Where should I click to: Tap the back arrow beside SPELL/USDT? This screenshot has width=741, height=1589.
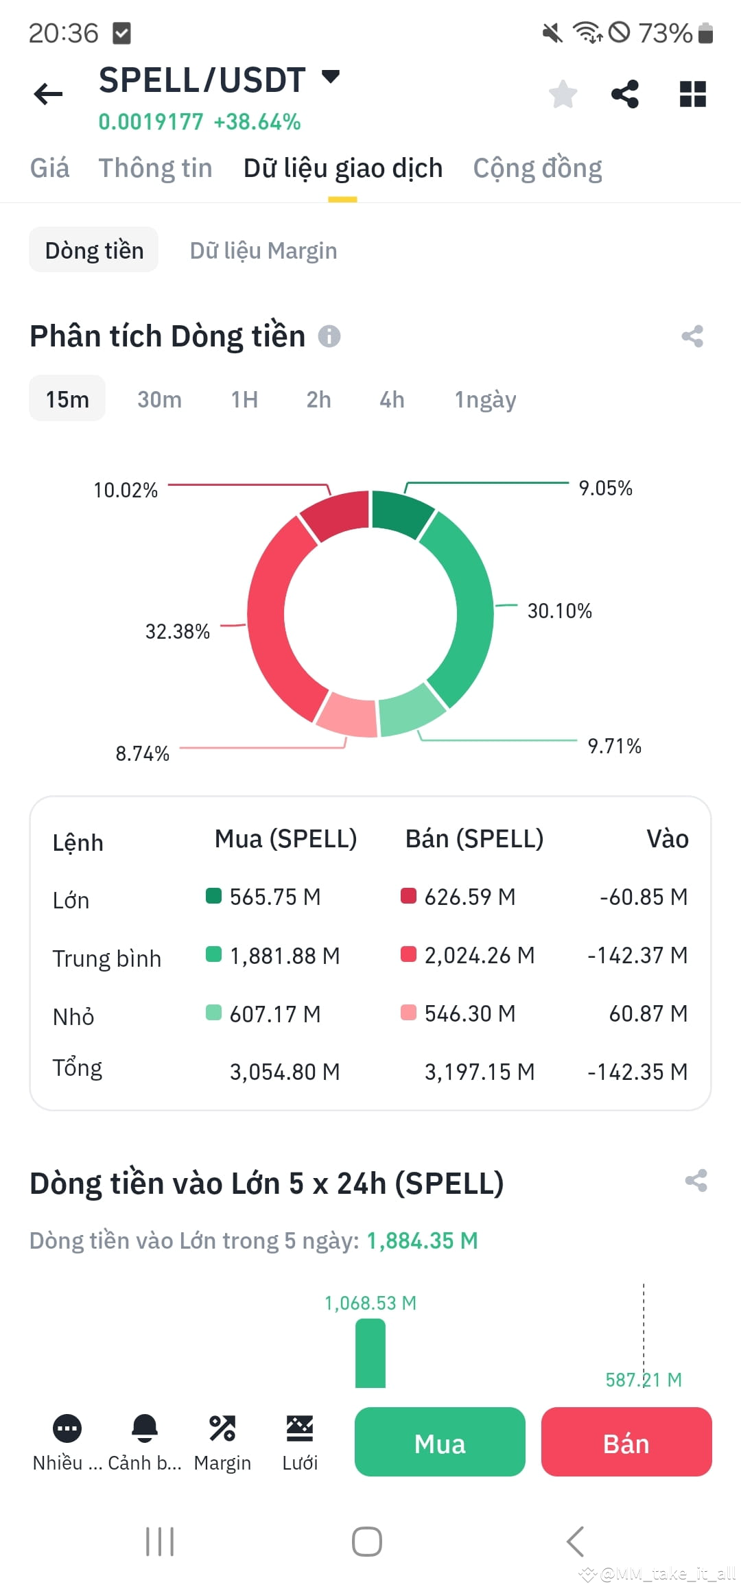48,94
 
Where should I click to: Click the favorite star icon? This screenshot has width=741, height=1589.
563,94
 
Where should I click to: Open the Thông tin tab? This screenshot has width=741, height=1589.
155,168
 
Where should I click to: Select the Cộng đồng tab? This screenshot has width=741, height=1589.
537,168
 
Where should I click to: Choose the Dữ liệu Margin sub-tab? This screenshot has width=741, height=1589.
263,250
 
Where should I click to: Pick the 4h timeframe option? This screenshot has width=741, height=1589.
392,399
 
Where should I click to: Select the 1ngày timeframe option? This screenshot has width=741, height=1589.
485,399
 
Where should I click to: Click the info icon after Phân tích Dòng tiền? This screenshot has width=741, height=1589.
329,336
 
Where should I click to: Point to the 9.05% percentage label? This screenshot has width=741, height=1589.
605,489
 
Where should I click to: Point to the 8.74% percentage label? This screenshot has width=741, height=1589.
142,753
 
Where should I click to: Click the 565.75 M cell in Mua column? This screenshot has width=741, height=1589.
274,897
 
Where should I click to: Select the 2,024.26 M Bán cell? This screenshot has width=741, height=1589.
479,955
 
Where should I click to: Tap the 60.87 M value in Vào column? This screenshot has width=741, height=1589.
648,1013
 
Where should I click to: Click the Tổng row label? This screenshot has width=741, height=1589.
78,1068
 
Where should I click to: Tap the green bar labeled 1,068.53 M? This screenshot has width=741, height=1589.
370,1353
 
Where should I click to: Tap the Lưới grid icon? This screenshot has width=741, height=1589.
300,1428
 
